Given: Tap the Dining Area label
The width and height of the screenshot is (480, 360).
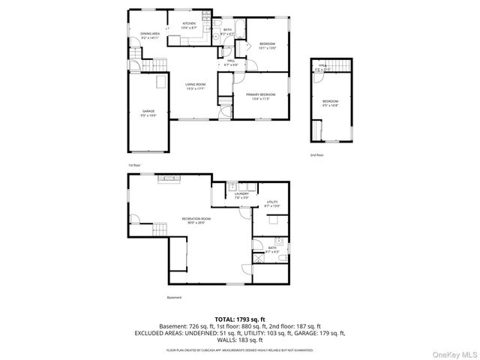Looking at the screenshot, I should point(150,36).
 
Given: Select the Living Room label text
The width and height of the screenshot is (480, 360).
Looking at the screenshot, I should point(196,87).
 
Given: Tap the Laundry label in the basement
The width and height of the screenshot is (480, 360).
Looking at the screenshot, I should point(241,196).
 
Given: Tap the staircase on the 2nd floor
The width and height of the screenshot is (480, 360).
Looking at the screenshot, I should point(337,67).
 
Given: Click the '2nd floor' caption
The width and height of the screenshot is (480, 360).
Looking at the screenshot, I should point(317,155).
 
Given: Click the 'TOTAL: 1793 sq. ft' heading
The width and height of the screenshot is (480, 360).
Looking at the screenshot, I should point(240,319).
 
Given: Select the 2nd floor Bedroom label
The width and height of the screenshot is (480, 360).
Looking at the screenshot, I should point(331,103).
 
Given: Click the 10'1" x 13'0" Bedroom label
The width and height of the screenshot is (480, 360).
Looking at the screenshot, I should point(268,46).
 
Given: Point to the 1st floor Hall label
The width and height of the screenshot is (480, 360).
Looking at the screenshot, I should point(232,62).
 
